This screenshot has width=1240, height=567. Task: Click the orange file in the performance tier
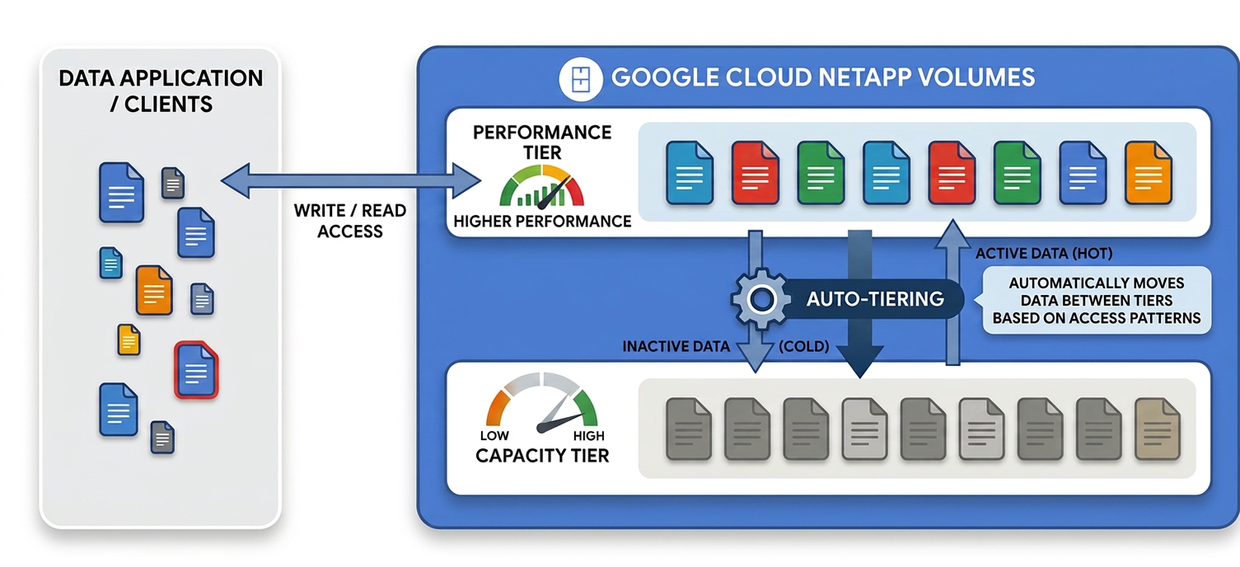click(1148, 173)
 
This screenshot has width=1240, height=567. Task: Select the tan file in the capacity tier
click(1158, 429)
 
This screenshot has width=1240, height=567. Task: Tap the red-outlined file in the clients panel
click(196, 370)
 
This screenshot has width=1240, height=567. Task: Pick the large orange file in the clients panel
click(154, 290)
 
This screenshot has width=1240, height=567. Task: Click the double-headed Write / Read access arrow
click(350, 180)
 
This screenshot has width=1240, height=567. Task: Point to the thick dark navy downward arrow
click(859, 304)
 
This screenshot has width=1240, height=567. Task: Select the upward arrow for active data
click(952, 293)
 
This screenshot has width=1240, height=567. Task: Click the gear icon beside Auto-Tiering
click(761, 299)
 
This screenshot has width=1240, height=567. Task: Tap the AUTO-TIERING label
click(875, 299)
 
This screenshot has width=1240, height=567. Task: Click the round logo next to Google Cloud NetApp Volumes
click(581, 78)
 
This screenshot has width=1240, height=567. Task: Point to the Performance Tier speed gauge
click(542, 186)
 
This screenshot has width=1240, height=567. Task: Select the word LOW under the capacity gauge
click(494, 436)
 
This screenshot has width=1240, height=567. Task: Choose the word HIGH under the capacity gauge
click(588, 436)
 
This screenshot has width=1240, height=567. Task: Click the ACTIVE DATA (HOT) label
click(1043, 254)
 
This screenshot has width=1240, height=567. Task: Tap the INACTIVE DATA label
click(676, 347)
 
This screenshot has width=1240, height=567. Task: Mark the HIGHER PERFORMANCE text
click(542, 222)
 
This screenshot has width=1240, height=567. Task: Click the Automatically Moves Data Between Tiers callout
click(1096, 300)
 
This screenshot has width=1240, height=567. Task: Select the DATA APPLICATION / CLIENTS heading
click(161, 91)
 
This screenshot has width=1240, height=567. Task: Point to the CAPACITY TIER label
click(542, 456)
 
